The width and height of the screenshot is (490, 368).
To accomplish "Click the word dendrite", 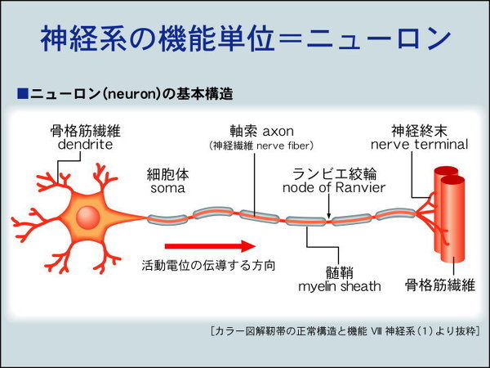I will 80,146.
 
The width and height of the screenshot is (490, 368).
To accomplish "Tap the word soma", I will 167,188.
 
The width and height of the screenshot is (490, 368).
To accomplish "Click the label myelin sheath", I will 338,286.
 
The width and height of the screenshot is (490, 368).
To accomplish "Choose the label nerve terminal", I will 419,145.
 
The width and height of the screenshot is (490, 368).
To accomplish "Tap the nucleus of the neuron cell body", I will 88,218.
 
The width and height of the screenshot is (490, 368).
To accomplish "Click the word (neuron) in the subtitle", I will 129,94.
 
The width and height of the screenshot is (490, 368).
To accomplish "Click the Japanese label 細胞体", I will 167,173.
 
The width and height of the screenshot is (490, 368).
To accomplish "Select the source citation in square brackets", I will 344,331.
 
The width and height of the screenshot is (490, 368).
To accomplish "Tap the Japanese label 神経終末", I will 419,130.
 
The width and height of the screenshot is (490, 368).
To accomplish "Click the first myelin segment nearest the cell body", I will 167,219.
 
